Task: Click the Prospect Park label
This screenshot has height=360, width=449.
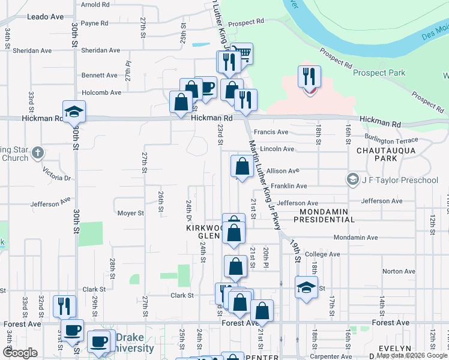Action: [379, 73]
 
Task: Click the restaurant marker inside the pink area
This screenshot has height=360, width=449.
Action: [309, 77]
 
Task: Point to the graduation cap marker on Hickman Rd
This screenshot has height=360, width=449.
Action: [74, 112]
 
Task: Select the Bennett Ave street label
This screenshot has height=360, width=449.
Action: [100, 76]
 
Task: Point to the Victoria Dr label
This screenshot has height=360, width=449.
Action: [57, 178]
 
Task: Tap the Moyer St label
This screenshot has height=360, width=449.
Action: [130, 213]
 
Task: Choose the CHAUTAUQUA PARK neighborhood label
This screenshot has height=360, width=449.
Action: [377, 154]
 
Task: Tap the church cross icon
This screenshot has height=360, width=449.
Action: [38, 152]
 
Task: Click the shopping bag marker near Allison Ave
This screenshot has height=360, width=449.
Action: [241, 166]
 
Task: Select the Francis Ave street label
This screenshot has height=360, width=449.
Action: [271, 132]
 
